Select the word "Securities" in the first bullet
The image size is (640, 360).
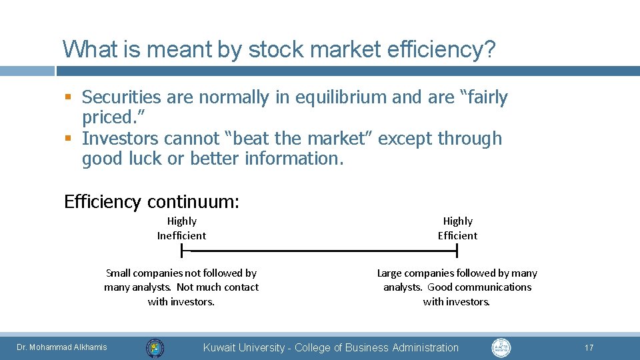(x=121, y=97)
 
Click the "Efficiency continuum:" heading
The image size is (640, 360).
(x=151, y=201)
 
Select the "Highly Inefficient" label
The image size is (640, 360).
(x=181, y=228)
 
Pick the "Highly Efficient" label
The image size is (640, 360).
(x=457, y=228)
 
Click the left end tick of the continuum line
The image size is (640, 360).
(x=181, y=251)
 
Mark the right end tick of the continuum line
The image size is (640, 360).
(x=457, y=251)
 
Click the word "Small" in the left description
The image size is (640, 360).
(x=119, y=273)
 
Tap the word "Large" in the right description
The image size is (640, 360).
(x=391, y=273)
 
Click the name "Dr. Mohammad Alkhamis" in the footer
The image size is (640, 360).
(x=61, y=347)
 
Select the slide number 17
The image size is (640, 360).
(x=589, y=347)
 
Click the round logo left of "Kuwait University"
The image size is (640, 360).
(x=155, y=347)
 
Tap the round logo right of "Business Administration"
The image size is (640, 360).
(x=501, y=347)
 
